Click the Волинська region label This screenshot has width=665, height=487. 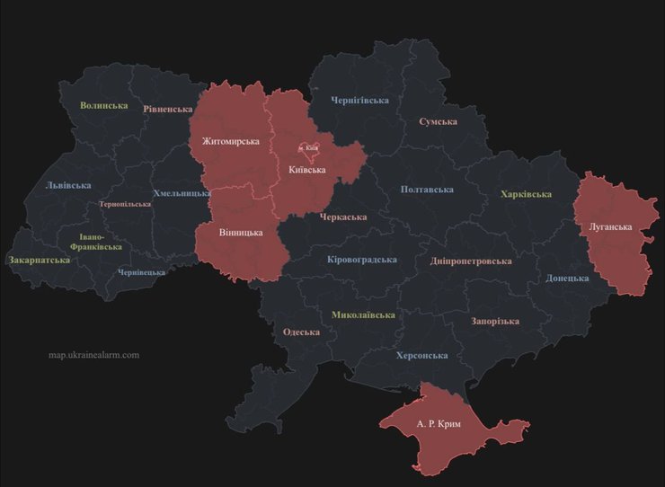(104, 105)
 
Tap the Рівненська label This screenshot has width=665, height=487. (167, 109)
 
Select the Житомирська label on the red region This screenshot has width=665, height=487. (231, 141)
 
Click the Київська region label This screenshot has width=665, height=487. (307, 170)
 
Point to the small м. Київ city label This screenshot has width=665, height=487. (308, 147)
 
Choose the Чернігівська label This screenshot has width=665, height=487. (359, 100)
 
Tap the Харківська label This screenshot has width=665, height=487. (526, 194)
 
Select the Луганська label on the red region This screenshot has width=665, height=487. (610, 226)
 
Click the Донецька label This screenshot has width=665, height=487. (567, 278)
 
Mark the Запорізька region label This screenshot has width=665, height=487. (495, 321)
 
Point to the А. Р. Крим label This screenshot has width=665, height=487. (439, 423)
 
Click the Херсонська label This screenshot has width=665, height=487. (421, 355)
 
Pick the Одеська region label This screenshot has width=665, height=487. (301, 332)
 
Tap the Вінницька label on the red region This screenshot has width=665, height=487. (241, 232)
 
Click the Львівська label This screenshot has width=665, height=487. (68, 185)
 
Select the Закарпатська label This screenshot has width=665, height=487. (40, 260)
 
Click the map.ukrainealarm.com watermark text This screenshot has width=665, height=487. (93, 354)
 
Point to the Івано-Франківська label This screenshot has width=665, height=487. (95, 241)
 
